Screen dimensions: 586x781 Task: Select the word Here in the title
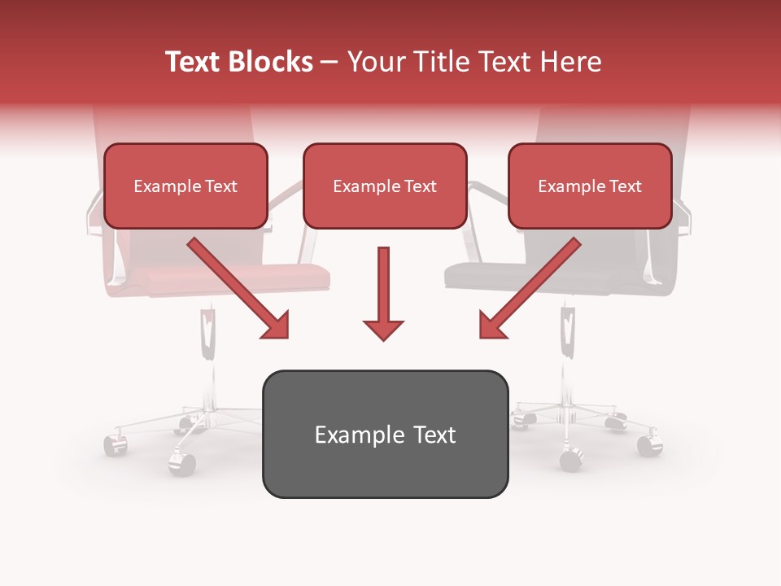coord(570,62)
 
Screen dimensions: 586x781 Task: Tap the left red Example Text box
coord(185,186)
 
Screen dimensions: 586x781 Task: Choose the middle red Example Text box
coord(385,186)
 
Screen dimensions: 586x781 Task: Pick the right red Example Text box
coord(590,186)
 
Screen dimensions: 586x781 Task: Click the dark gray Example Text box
coord(385,435)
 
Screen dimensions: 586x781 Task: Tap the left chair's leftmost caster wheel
coord(113,445)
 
